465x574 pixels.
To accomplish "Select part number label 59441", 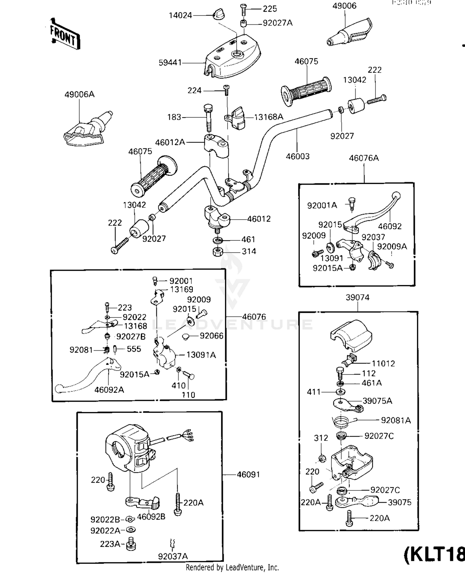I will coord(170,63).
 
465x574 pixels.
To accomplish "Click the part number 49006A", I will coord(79,94).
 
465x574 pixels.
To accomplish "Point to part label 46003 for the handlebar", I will coord(298,156).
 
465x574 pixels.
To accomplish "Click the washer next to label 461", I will coord(218,240).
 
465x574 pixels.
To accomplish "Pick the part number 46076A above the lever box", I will coord(364,158).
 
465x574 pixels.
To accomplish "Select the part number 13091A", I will coord(201,355).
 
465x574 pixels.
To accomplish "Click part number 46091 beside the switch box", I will coord(248,474).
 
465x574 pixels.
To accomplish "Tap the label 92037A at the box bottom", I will coord(173,556).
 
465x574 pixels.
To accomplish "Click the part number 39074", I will coord(357,297).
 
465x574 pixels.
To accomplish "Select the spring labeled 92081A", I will coord(341,421).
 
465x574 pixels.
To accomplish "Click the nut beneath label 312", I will coord(322,458).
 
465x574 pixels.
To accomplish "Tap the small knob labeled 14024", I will coord(219,14).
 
